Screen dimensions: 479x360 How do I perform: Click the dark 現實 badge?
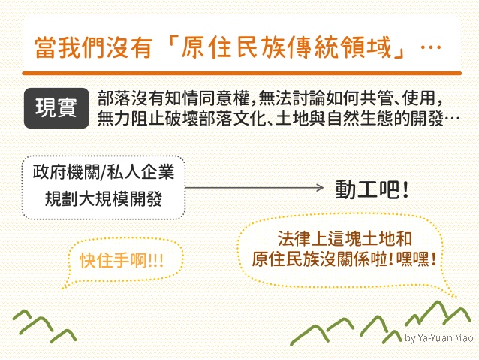(56, 108)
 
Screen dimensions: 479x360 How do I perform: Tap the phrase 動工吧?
(372, 189)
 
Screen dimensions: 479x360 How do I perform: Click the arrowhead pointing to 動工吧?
(321, 188)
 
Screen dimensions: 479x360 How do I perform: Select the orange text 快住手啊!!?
(122, 261)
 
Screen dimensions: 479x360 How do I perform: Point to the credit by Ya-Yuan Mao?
(439, 338)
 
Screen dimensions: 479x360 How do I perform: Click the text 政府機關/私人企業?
(104, 171)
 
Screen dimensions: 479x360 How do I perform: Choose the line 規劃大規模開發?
(104, 199)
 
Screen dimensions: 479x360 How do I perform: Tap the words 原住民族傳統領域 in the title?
(286, 47)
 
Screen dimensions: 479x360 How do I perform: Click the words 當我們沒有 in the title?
(94, 47)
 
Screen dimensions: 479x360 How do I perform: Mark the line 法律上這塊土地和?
(345, 238)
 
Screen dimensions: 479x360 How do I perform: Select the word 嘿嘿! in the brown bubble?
(416, 259)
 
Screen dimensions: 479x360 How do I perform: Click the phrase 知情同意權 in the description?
(209, 98)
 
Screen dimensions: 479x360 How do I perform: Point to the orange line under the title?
(242, 74)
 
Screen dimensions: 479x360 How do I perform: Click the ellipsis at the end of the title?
(431, 47)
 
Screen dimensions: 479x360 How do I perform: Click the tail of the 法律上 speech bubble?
(451, 292)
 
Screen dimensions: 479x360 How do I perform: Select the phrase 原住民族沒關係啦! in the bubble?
(323, 259)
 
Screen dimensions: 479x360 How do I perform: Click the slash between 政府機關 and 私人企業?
(104, 172)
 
